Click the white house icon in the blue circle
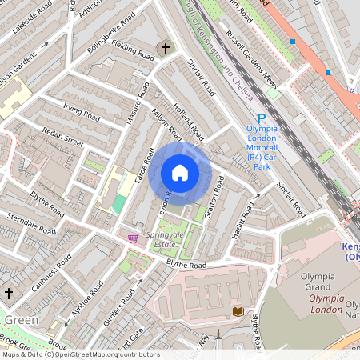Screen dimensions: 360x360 pyautogui.click(x=180, y=173)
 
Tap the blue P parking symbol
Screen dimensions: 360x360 pyautogui.click(x=248, y=117)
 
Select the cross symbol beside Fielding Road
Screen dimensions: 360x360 pyautogui.click(x=166, y=50)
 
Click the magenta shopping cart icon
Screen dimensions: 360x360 pyautogui.click(x=132, y=238)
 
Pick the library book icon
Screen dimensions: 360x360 pyautogui.click(x=237, y=310)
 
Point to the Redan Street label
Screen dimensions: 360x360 pyautogui.click(x=63, y=141)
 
